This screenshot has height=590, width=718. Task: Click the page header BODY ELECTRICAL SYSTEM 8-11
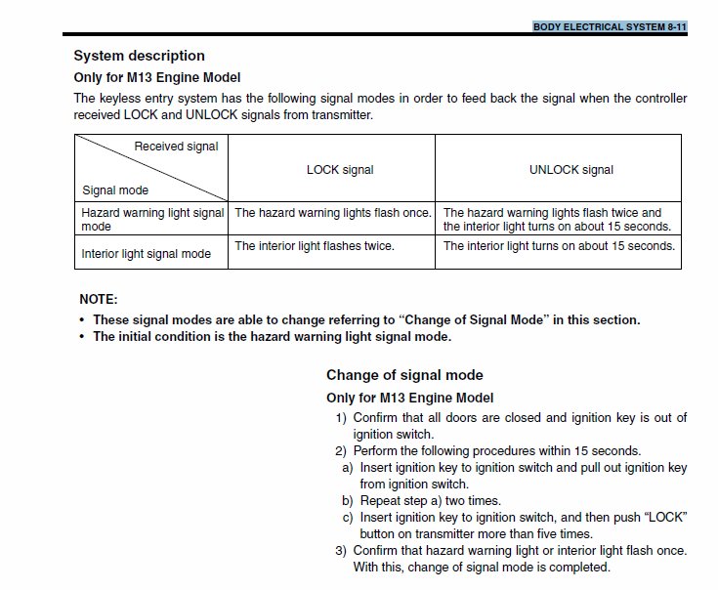[610, 26]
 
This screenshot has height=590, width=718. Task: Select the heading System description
[140, 56]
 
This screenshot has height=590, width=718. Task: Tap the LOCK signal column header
[340, 169]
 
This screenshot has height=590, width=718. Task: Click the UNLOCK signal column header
[571, 169]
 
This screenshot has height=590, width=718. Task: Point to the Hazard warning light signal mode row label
[152, 219]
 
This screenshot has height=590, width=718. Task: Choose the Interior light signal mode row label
[146, 254]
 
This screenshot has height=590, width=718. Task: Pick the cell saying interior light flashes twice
[315, 246]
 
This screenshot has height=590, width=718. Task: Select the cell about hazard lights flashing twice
[557, 219]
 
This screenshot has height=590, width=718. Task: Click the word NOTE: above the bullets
[98, 300]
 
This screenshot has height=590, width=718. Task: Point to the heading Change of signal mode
[404, 375]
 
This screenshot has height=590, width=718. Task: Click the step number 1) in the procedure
[341, 418]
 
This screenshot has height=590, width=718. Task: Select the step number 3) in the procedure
[341, 551]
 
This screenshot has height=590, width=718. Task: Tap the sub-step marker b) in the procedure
[348, 500]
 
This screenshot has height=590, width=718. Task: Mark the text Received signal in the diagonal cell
[176, 147]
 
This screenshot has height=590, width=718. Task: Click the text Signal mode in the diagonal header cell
[115, 190]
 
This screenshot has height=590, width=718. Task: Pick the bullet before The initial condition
[81, 337]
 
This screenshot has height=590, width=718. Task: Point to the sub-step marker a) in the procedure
[348, 468]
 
